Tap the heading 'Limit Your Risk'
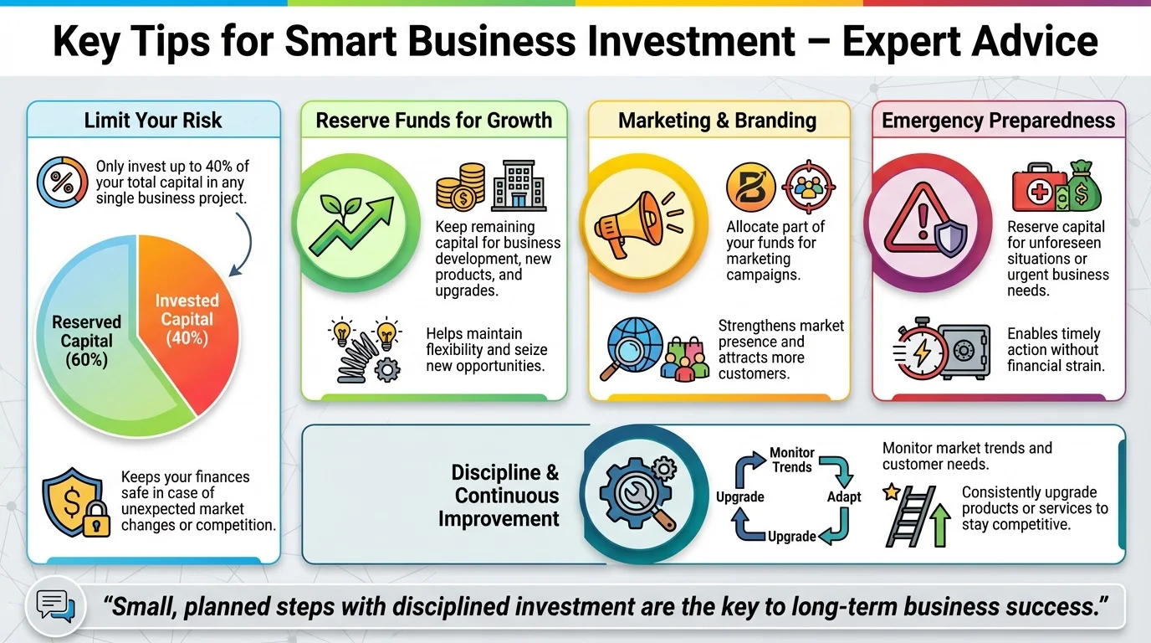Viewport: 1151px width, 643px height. [153, 121]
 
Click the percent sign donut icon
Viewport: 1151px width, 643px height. [62, 182]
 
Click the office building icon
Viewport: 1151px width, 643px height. [519, 185]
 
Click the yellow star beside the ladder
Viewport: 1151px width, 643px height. [891, 492]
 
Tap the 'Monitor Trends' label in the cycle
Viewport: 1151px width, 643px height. [792, 460]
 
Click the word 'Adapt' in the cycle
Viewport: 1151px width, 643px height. [844, 497]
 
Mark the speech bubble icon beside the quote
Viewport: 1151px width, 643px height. [55, 606]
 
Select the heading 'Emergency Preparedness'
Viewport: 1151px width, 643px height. [999, 121]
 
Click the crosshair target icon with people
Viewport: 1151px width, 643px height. [808, 187]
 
